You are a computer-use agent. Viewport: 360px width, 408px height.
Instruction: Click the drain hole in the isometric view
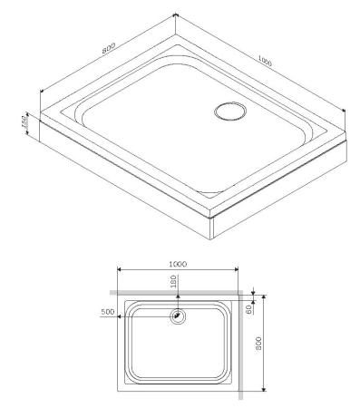click(x=228, y=112)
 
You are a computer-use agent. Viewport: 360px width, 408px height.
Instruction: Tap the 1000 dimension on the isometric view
click(x=265, y=61)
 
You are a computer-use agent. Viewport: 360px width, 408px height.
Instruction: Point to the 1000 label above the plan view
click(x=178, y=263)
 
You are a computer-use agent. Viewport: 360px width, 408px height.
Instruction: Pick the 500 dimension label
click(x=108, y=312)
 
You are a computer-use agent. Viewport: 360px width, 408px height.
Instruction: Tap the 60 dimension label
click(x=250, y=308)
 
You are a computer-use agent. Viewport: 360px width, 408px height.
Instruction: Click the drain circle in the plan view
click(x=178, y=316)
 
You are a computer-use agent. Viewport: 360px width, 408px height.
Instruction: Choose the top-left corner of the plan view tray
click(x=119, y=297)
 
